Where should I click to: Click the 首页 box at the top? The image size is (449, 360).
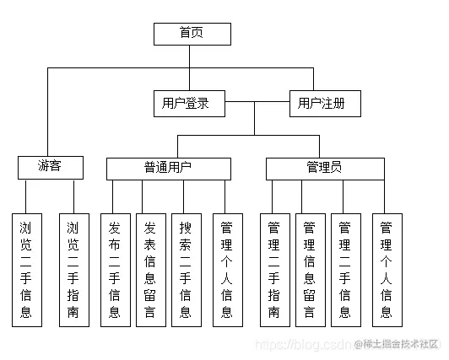192,33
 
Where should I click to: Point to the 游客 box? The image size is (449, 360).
50,167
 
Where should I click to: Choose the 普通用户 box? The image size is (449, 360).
168,168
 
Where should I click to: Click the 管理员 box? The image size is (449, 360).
324,168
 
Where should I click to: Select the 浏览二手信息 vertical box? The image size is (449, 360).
26,269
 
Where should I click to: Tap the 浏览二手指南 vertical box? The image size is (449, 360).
73,269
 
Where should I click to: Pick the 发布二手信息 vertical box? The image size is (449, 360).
115,269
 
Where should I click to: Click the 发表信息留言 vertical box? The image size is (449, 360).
150,269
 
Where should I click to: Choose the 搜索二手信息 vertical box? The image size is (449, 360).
186,269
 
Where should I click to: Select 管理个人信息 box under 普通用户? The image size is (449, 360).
226,269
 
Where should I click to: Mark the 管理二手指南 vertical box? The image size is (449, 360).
273,269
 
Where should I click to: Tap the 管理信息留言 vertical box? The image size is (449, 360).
309,269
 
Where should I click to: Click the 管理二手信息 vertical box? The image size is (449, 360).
344,269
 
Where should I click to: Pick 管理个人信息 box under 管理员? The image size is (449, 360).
386,269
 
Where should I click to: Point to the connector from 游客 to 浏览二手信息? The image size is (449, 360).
26,195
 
